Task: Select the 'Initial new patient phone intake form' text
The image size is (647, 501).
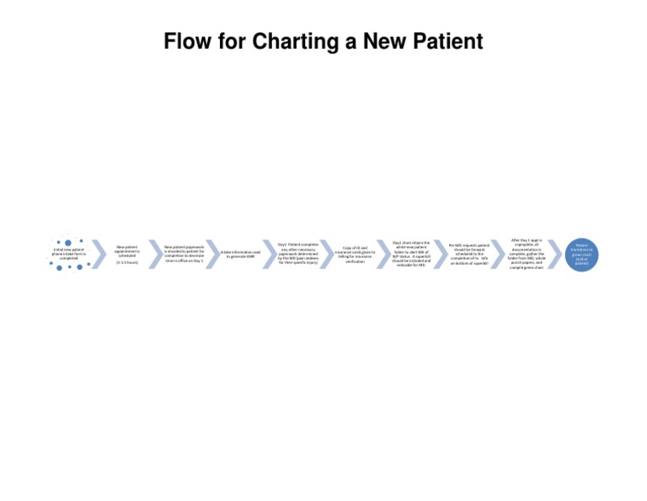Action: [68, 253]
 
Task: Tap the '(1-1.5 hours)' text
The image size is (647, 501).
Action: [127, 262]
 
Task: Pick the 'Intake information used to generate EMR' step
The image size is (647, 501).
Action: [240, 254]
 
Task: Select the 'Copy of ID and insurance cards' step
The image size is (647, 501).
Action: [355, 254]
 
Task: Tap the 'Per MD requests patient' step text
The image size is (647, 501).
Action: [468, 254]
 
